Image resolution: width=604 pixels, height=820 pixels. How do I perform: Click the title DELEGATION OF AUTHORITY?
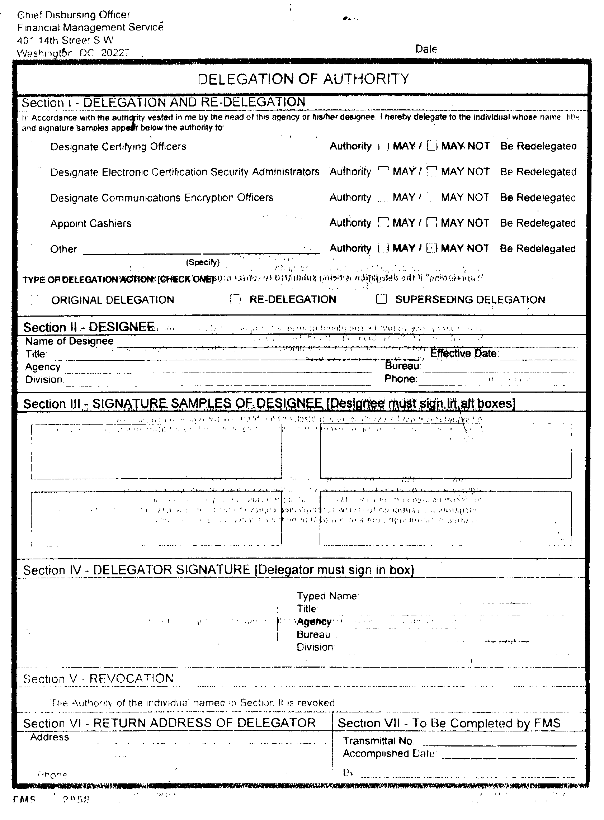click(303, 79)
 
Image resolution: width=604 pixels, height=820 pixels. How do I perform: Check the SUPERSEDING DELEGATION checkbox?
click(381, 299)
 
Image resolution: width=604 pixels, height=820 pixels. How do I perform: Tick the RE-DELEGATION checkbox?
click(235, 300)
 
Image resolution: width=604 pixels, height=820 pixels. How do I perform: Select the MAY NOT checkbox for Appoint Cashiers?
click(432, 222)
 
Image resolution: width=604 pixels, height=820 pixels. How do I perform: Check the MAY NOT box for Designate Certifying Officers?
click(432, 146)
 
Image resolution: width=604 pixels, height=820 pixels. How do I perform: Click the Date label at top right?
click(426, 49)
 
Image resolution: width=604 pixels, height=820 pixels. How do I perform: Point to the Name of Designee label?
click(70, 341)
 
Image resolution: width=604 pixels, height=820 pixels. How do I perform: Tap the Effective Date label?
click(464, 354)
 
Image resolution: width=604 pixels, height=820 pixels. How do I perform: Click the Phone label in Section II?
click(400, 379)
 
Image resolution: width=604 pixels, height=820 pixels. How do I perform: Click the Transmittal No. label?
click(378, 741)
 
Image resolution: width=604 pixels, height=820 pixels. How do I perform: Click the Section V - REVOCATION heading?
click(98, 679)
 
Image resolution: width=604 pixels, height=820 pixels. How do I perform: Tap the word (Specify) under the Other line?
click(203, 262)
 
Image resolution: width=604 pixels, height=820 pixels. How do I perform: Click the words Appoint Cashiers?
click(91, 223)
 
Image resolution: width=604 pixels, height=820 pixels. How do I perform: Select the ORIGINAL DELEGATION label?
click(113, 300)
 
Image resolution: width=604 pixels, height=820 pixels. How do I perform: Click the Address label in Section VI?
click(49, 737)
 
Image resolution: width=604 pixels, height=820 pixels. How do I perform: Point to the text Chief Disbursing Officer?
click(74, 15)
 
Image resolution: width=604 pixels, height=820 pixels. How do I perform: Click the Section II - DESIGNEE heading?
click(89, 327)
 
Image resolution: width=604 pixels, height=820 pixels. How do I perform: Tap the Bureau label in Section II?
click(403, 366)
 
